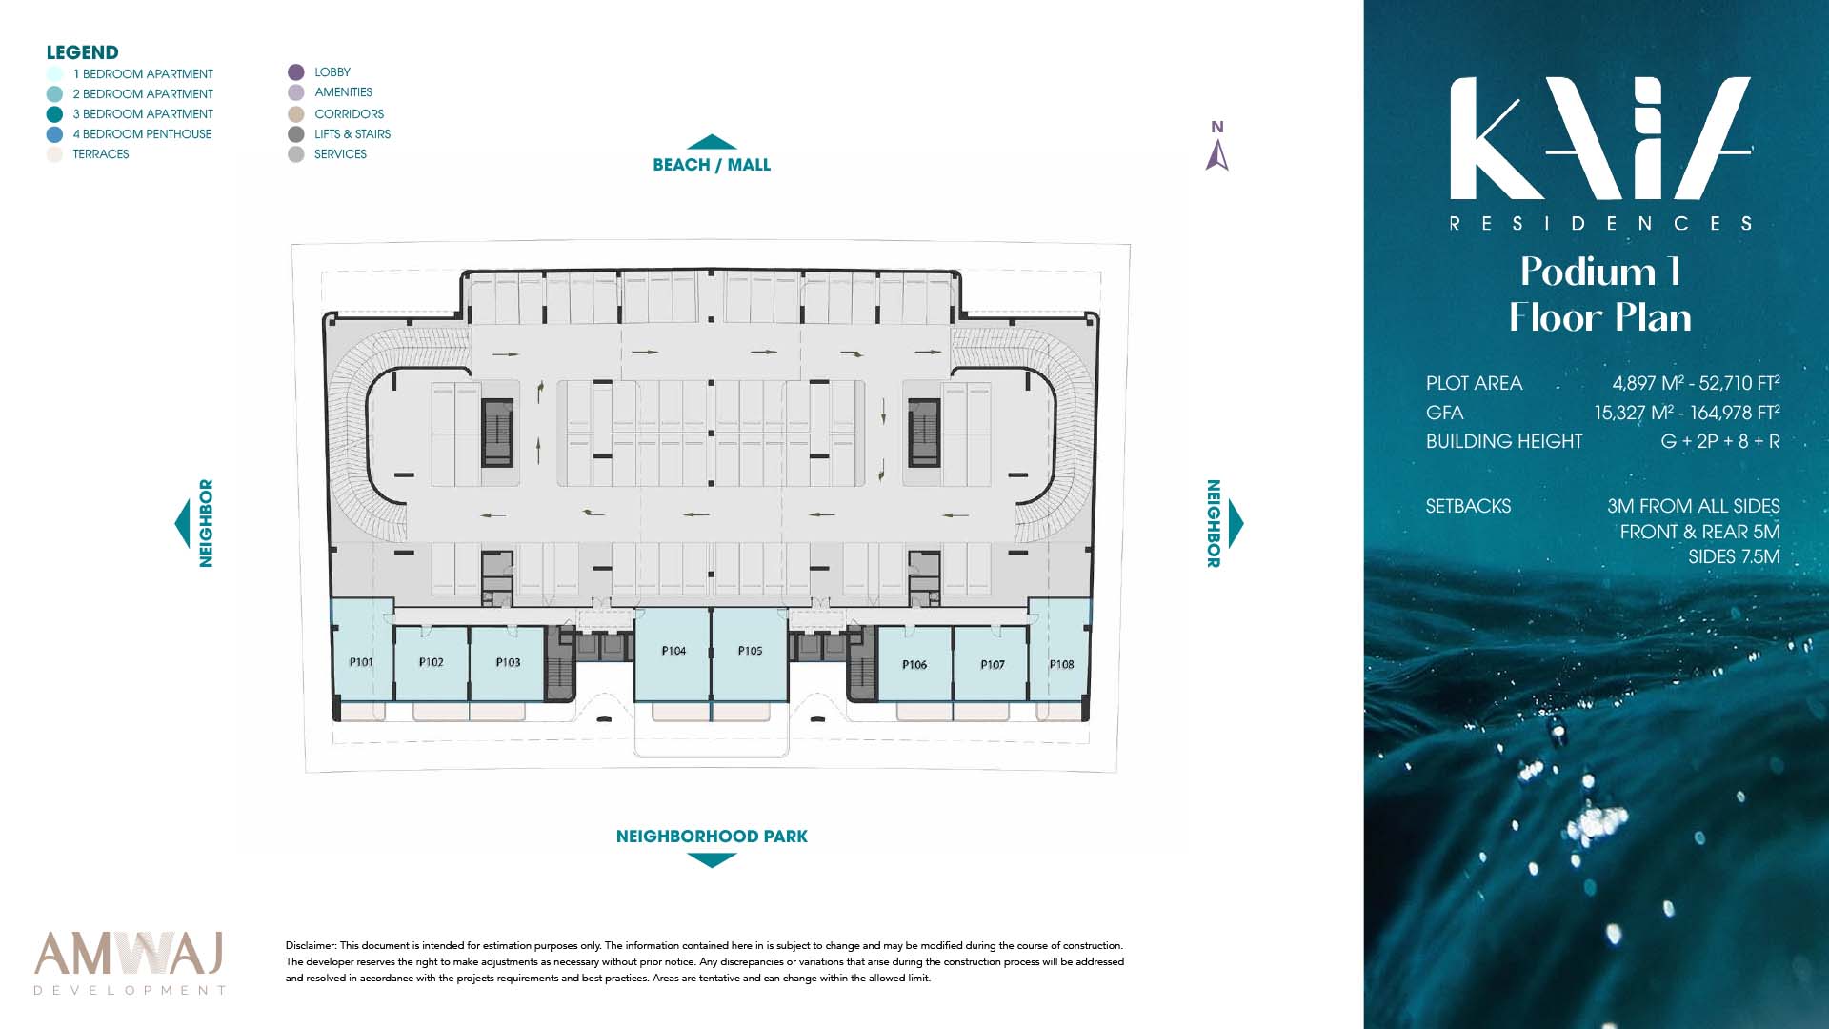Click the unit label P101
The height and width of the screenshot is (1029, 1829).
[361, 662]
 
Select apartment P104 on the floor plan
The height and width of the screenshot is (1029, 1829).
[673, 655]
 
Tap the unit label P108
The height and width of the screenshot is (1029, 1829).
[1061, 664]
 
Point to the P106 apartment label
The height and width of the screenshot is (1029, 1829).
[914, 664]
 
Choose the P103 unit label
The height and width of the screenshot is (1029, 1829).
[508, 662]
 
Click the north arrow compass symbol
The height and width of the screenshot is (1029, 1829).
[1216, 155]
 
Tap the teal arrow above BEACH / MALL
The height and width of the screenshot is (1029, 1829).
[712, 142]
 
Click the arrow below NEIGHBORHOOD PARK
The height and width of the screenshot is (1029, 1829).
[712, 860]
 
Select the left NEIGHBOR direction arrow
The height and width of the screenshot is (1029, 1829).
[182, 523]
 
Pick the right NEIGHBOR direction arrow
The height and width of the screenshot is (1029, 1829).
[1236, 523]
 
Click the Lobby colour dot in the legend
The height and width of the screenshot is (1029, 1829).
[296, 72]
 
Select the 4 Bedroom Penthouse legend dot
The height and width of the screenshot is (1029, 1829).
[54, 134]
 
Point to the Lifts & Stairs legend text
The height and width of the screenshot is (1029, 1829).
[352, 134]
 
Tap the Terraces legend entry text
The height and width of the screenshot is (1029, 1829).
[101, 154]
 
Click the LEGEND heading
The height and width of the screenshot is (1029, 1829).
[83, 52]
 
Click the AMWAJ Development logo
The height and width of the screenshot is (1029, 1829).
[130, 963]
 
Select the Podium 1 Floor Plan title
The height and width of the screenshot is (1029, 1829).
[1600, 294]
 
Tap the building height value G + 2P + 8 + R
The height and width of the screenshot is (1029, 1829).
[1720, 441]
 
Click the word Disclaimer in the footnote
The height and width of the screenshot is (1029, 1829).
[311, 946]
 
